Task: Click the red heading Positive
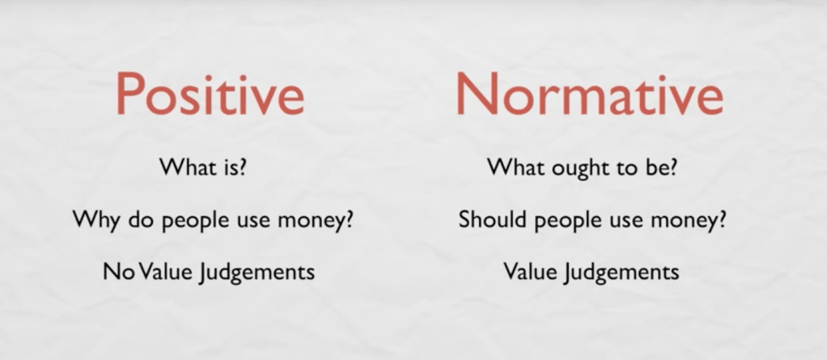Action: (x=210, y=94)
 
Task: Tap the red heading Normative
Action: (x=589, y=94)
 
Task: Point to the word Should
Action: (x=492, y=218)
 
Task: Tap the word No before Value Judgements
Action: (x=116, y=272)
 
